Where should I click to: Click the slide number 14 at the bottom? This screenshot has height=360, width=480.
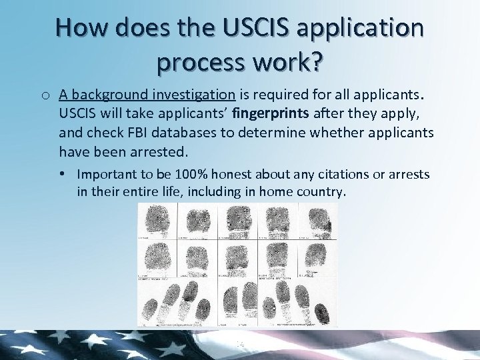click(x=239, y=343)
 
